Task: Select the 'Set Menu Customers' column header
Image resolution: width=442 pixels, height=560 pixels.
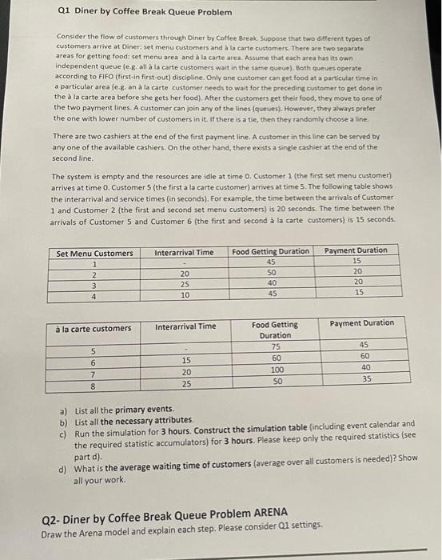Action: tap(94, 254)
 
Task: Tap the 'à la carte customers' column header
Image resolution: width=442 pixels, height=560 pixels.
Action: tap(94, 328)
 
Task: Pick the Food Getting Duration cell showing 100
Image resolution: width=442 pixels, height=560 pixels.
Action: tap(276, 370)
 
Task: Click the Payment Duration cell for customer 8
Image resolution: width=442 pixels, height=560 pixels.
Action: tap(366, 379)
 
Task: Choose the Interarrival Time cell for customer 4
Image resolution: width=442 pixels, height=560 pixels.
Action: tap(184, 295)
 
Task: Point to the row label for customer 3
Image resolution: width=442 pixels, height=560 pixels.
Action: tap(94, 285)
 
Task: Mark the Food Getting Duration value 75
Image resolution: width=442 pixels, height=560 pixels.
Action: tap(276, 346)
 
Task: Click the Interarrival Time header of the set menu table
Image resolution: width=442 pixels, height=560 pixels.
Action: tap(185, 253)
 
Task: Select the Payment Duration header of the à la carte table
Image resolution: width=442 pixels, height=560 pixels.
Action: tap(361, 323)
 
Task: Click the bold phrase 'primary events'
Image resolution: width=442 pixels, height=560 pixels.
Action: tap(139, 409)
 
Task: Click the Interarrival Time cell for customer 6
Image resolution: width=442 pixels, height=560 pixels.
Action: tap(184, 360)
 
